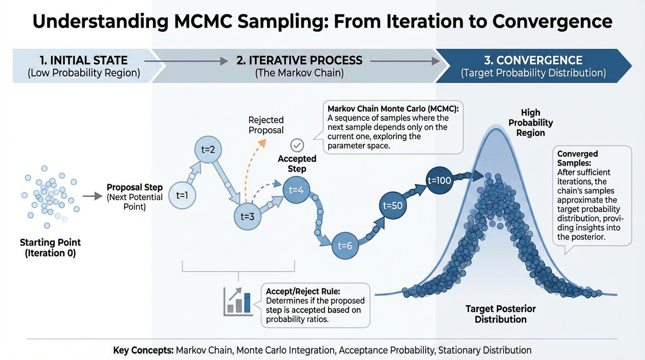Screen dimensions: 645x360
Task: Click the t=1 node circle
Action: [x=182, y=195]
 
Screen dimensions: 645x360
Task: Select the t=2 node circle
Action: [x=208, y=150]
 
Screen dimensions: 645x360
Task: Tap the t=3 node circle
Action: [x=247, y=216]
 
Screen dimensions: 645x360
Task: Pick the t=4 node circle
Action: [x=296, y=190]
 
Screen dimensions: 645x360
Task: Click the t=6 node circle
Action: [x=345, y=246]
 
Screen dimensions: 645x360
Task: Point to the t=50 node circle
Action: [x=393, y=205]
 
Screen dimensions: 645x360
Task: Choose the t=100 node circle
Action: [x=439, y=180]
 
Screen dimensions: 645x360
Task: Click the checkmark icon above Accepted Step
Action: [x=297, y=145]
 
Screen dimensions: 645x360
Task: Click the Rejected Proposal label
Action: [x=266, y=125]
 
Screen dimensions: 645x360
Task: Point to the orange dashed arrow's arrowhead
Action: [x=262, y=143]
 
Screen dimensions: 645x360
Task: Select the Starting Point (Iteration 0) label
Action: [x=51, y=247]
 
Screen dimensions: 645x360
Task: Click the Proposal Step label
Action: [x=135, y=187]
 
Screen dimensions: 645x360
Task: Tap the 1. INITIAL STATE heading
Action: [x=84, y=60]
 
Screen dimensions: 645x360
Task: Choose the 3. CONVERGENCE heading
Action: [x=533, y=60]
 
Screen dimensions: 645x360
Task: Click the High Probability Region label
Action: [x=531, y=123]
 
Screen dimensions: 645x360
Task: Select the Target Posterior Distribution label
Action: [x=501, y=314]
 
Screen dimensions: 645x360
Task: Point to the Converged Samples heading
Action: [x=577, y=158]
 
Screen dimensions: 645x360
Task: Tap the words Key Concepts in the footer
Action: [x=143, y=350]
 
